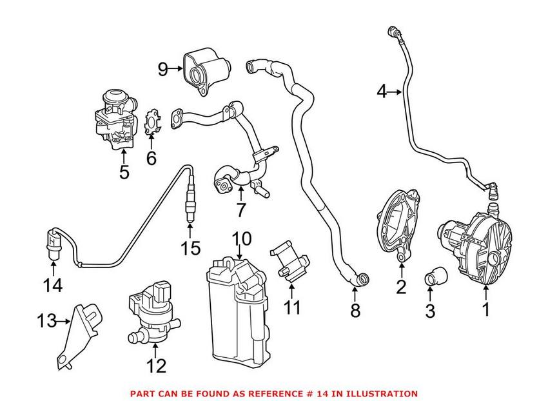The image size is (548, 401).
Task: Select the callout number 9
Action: click(x=162, y=68)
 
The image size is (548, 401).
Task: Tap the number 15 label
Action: click(x=191, y=248)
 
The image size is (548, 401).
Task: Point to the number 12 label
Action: click(x=156, y=366)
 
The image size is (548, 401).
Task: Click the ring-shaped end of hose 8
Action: click(x=363, y=279)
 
